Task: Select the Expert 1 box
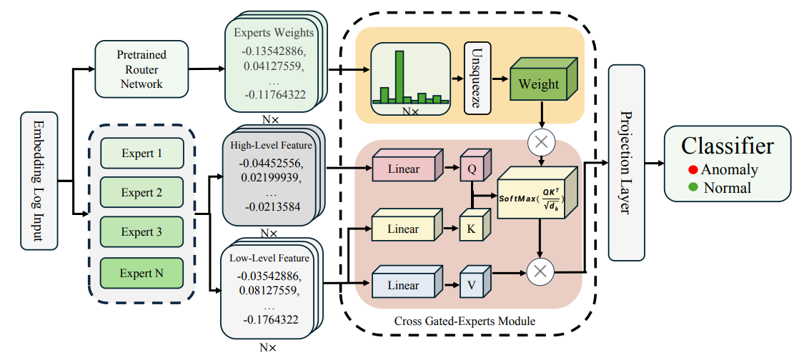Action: point(141,153)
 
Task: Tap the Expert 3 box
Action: point(141,232)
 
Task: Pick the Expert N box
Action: point(141,273)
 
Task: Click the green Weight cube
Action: point(538,84)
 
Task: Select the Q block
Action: point(472,169)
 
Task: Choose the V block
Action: point(472,285)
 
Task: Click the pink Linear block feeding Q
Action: point(403,169)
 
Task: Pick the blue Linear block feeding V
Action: point(403,285)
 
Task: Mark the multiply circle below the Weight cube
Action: point(541,142)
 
